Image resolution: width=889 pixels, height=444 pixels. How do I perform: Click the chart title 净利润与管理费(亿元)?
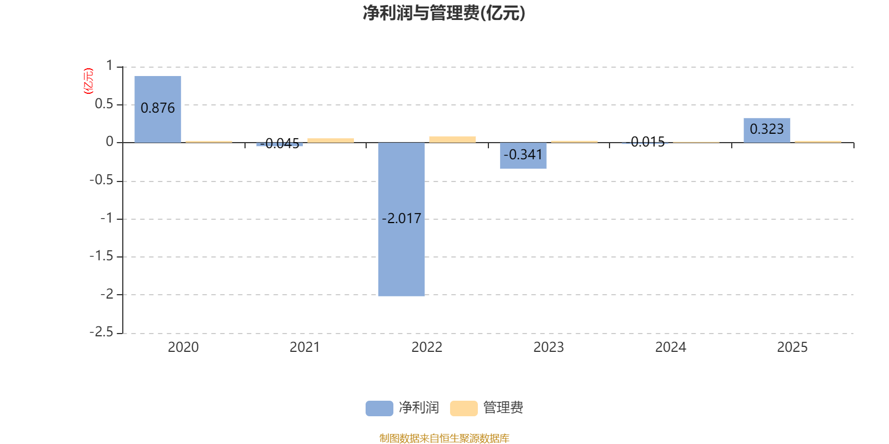tap(443, 13)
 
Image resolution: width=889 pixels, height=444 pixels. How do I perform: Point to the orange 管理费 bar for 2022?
tap(452, 139)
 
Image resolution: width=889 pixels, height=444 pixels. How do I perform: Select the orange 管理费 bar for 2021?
tap(331, 140)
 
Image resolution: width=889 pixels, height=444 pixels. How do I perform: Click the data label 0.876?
tap(158, 108)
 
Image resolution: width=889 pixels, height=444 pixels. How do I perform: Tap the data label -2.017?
tap(401, 219)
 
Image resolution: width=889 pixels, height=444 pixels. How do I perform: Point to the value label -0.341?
tap(523, 155)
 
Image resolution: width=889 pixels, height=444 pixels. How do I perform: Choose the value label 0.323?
tap(767, 129)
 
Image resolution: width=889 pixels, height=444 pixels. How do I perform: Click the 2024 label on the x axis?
tap(671, 347)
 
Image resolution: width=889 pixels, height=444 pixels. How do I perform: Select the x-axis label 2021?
tap(305, 347)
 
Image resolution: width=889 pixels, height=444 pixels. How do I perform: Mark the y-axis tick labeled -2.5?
tap(102, 332)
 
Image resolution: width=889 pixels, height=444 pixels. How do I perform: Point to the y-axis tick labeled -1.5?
tap(102, 256)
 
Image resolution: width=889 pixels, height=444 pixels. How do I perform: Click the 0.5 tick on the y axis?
tap(104, 104)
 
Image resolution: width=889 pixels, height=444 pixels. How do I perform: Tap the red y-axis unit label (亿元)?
tap(88, 82)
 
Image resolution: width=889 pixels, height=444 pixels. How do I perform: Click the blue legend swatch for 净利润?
tap(379, 408)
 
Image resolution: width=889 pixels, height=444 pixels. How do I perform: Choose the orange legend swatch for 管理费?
tap(463, 408)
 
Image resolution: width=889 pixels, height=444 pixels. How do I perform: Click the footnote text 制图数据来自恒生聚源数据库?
tap(444, 438)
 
